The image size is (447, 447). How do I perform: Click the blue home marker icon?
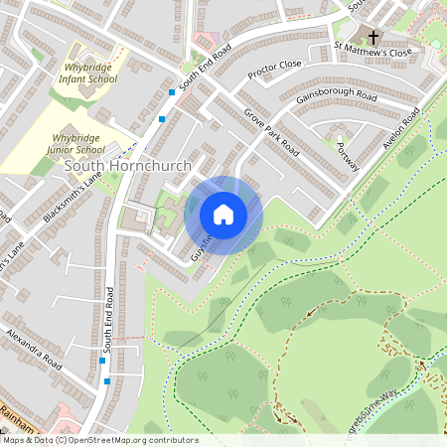[223, 215]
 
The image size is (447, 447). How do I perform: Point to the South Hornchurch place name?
[127, 165]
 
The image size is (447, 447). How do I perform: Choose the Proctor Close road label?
[275, 68]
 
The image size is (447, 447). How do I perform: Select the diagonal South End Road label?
[205, 68]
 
